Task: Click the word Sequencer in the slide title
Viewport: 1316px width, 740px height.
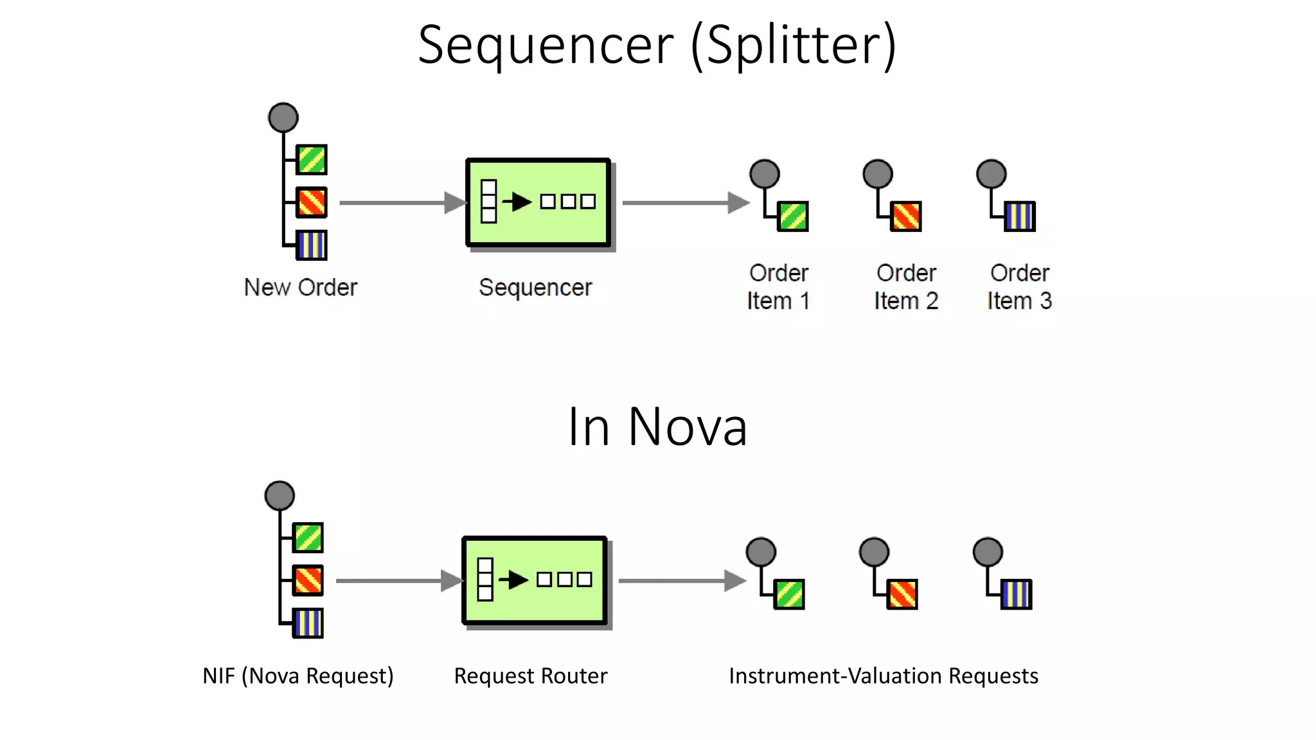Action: (x=546, y=45)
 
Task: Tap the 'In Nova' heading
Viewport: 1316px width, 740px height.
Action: (x=657, y=427)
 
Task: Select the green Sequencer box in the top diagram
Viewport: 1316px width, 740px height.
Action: (x=538, y=202)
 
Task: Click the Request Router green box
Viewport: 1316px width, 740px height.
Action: (x=534, y=580)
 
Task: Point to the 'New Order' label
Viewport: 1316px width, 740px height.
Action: (x=300, y=287)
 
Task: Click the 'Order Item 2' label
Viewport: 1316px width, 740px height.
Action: (x=906, y=286)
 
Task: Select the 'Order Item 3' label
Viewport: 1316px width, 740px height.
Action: (x=1019, y=286)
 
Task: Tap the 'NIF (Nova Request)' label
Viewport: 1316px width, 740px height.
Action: (x=298, y=676)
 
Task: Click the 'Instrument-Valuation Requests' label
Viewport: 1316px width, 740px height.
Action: (x=883, y=676)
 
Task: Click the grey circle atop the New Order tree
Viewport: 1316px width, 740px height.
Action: (x=283, y=118)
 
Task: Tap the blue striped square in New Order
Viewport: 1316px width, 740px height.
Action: (x=312, y=245)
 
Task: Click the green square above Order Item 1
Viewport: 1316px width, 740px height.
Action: (x=793, y=216)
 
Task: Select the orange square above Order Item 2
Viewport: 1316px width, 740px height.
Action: (x=906, y=216)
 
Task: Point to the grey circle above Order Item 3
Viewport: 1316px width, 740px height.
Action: (x=991, y=174)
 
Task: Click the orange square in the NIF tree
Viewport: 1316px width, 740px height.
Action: (x=308, y=581)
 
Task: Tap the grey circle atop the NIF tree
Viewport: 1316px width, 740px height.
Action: (x=280, y=496)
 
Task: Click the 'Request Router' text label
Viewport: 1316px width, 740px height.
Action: (x=530, y=676)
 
